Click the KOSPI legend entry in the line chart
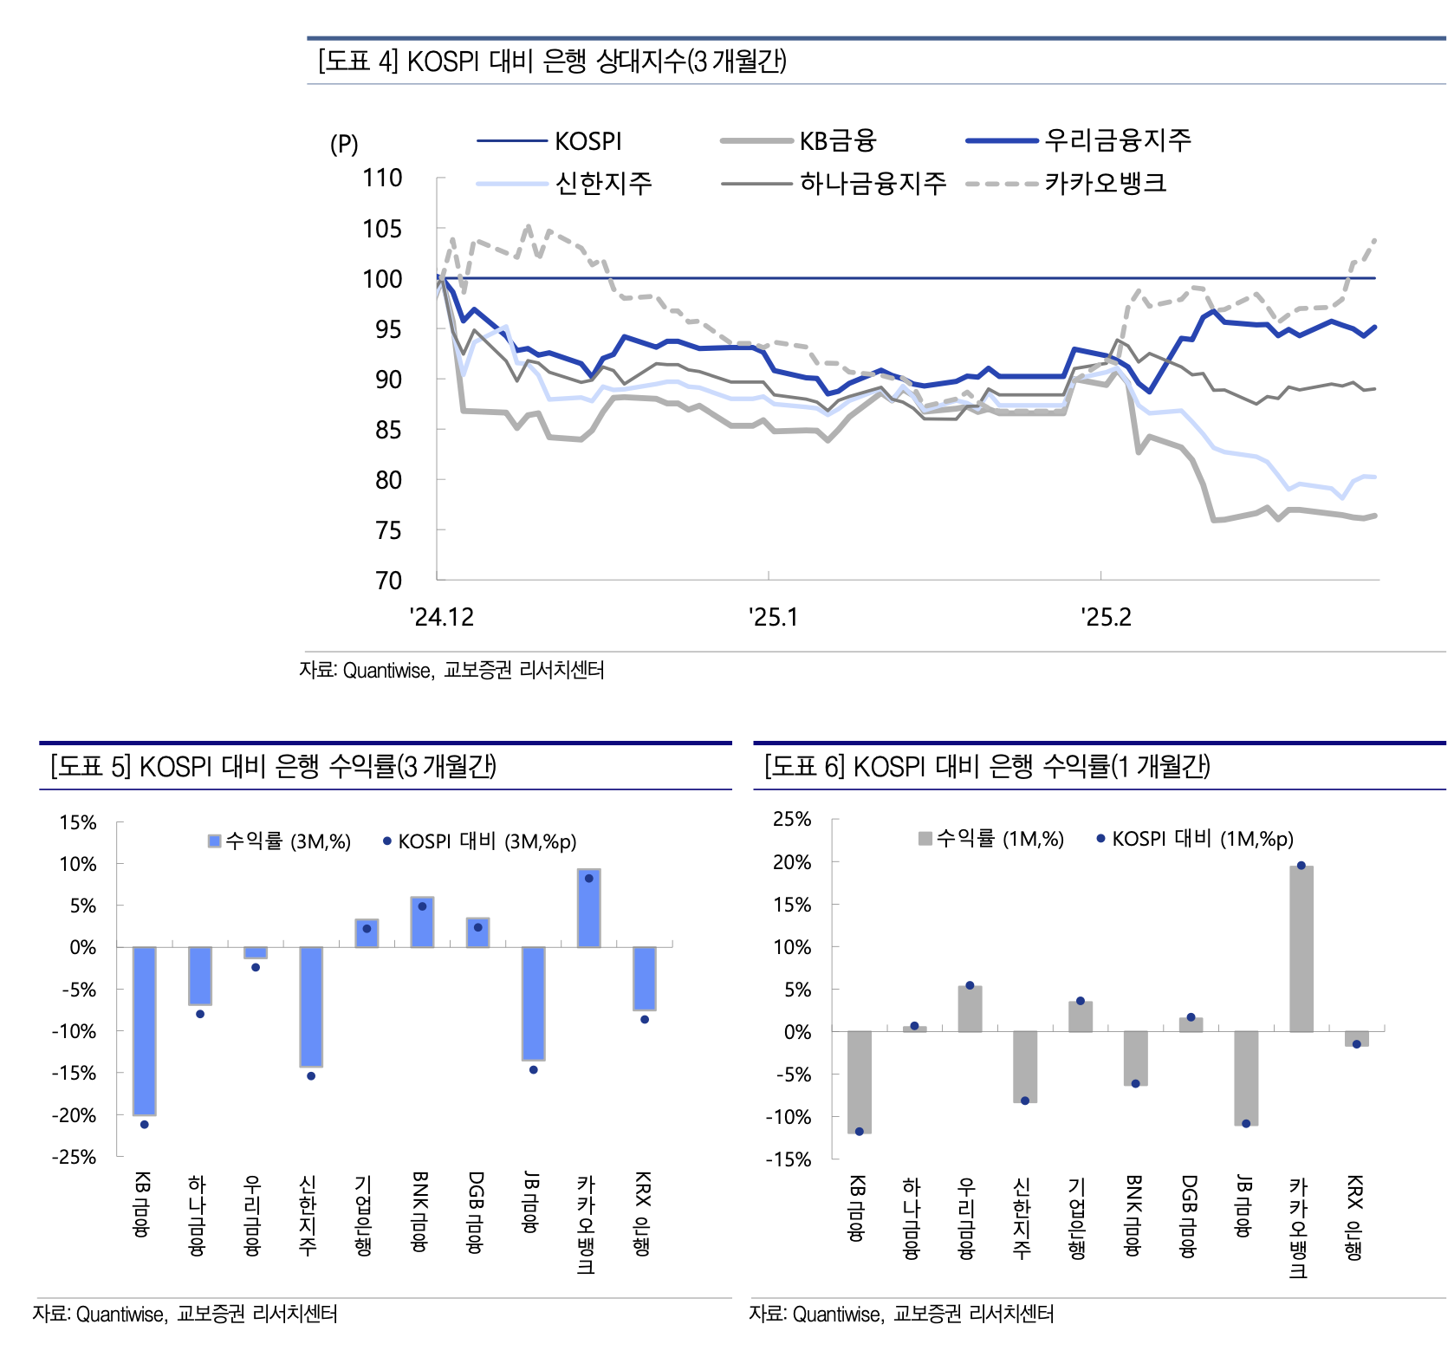[587, 141]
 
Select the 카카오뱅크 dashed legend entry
[1105, 184]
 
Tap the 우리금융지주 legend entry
[1117, 140]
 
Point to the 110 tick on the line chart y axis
[382, 179]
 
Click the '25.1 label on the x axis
[773, 618]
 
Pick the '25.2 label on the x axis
[1106, 618]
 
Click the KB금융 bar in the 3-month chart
[144, 1030]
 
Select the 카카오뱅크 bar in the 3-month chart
[588, 908]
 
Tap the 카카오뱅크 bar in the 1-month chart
[1301, 949]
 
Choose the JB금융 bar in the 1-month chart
[1246, 1078]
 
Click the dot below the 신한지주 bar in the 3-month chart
[311, 1076]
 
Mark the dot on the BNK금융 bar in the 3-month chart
[422, 906]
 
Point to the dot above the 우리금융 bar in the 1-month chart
[970, 985]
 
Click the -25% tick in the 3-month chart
[74, 1158]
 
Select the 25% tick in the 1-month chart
[791, 820]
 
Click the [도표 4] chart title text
[552, 62]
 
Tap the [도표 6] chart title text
[986, 766]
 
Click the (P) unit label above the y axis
[344, 144]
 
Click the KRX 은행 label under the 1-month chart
[1354, 1217]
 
